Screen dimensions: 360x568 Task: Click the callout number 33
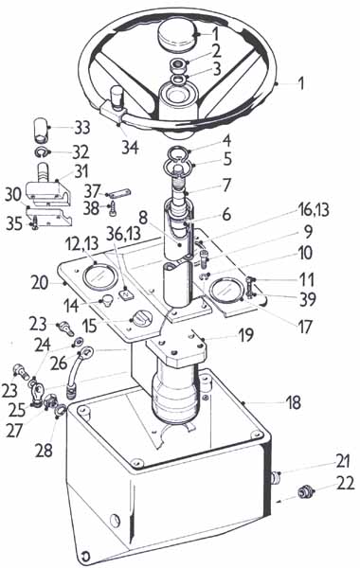[82, 128]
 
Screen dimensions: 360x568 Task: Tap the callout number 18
[294, 401]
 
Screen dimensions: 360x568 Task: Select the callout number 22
[345, 483]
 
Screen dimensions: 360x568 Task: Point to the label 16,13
[314, 209]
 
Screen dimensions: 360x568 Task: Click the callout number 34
[130, 147]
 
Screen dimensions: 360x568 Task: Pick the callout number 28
[44, 451]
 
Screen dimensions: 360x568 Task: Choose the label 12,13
[81, 244]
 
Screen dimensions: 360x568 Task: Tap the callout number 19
[245, 335]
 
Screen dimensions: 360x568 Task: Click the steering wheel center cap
[177, 34]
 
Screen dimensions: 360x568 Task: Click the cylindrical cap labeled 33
[42, 130]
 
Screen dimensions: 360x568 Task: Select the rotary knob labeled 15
[140, 318]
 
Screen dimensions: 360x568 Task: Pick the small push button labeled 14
[107, 301]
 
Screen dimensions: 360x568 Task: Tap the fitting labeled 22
[305, 492]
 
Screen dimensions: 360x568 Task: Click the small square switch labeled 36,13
[125, 293]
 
